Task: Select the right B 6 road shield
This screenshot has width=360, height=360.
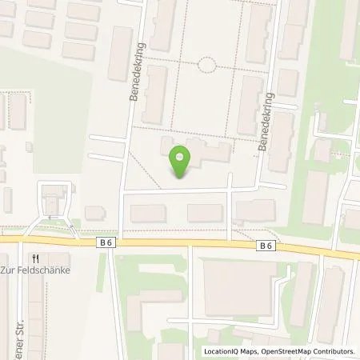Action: (x=266, y=246)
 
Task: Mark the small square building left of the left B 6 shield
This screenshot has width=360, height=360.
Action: (x=95, y=213)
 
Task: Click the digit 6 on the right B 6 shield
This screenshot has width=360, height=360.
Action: (x=271, y=246)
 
